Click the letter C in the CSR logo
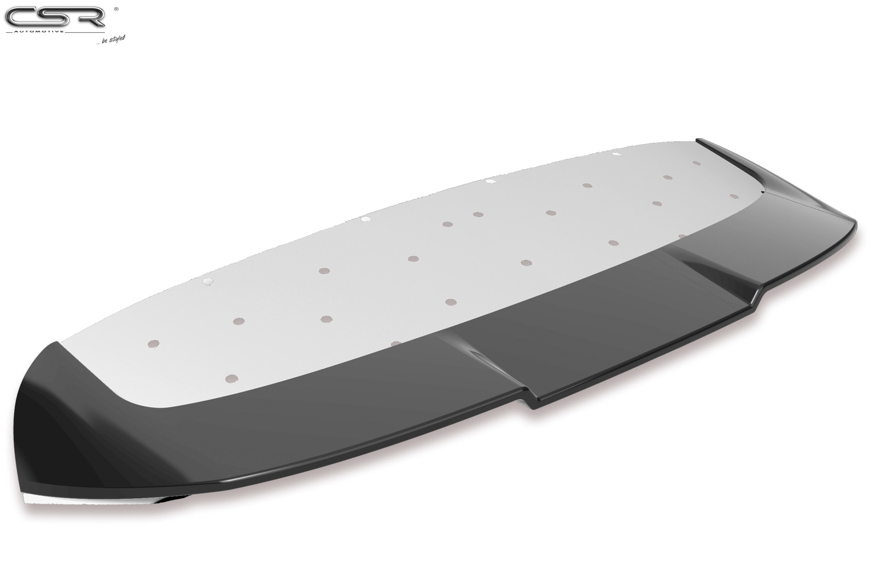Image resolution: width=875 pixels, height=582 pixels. tap(21, 18)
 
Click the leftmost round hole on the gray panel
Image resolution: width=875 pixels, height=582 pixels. tap(154, 343)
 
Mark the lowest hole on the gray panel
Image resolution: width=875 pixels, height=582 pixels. tap(232, 378)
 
